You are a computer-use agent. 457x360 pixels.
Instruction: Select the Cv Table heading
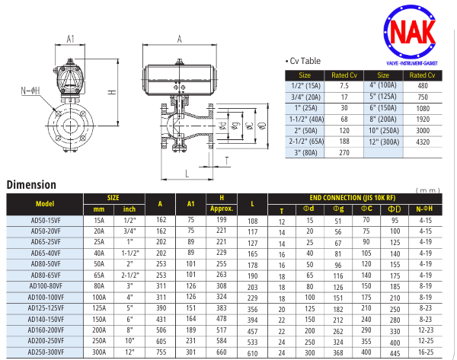point(305,61)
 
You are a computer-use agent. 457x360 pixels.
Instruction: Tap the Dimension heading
point(31,185)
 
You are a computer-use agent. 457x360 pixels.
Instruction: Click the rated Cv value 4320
point(423,142)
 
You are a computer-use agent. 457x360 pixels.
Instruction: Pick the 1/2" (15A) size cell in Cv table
point(305,86)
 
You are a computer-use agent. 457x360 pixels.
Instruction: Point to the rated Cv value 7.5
point(344,86)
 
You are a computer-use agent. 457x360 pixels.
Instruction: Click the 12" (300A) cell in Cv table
point(384,142)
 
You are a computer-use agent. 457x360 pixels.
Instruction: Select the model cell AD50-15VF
point(46,221)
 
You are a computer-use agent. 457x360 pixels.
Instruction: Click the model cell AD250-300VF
point(46,352)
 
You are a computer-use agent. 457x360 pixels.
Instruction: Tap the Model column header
point(45,204)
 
